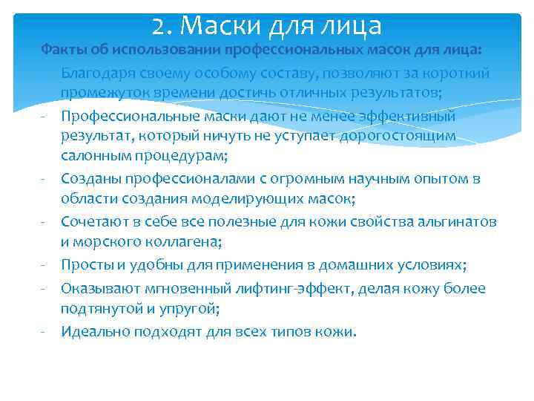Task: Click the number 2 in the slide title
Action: click(158, 27)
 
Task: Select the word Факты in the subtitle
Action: click(61, 50)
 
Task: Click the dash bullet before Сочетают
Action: click(45, 222)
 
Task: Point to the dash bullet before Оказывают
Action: click(45, 287)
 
